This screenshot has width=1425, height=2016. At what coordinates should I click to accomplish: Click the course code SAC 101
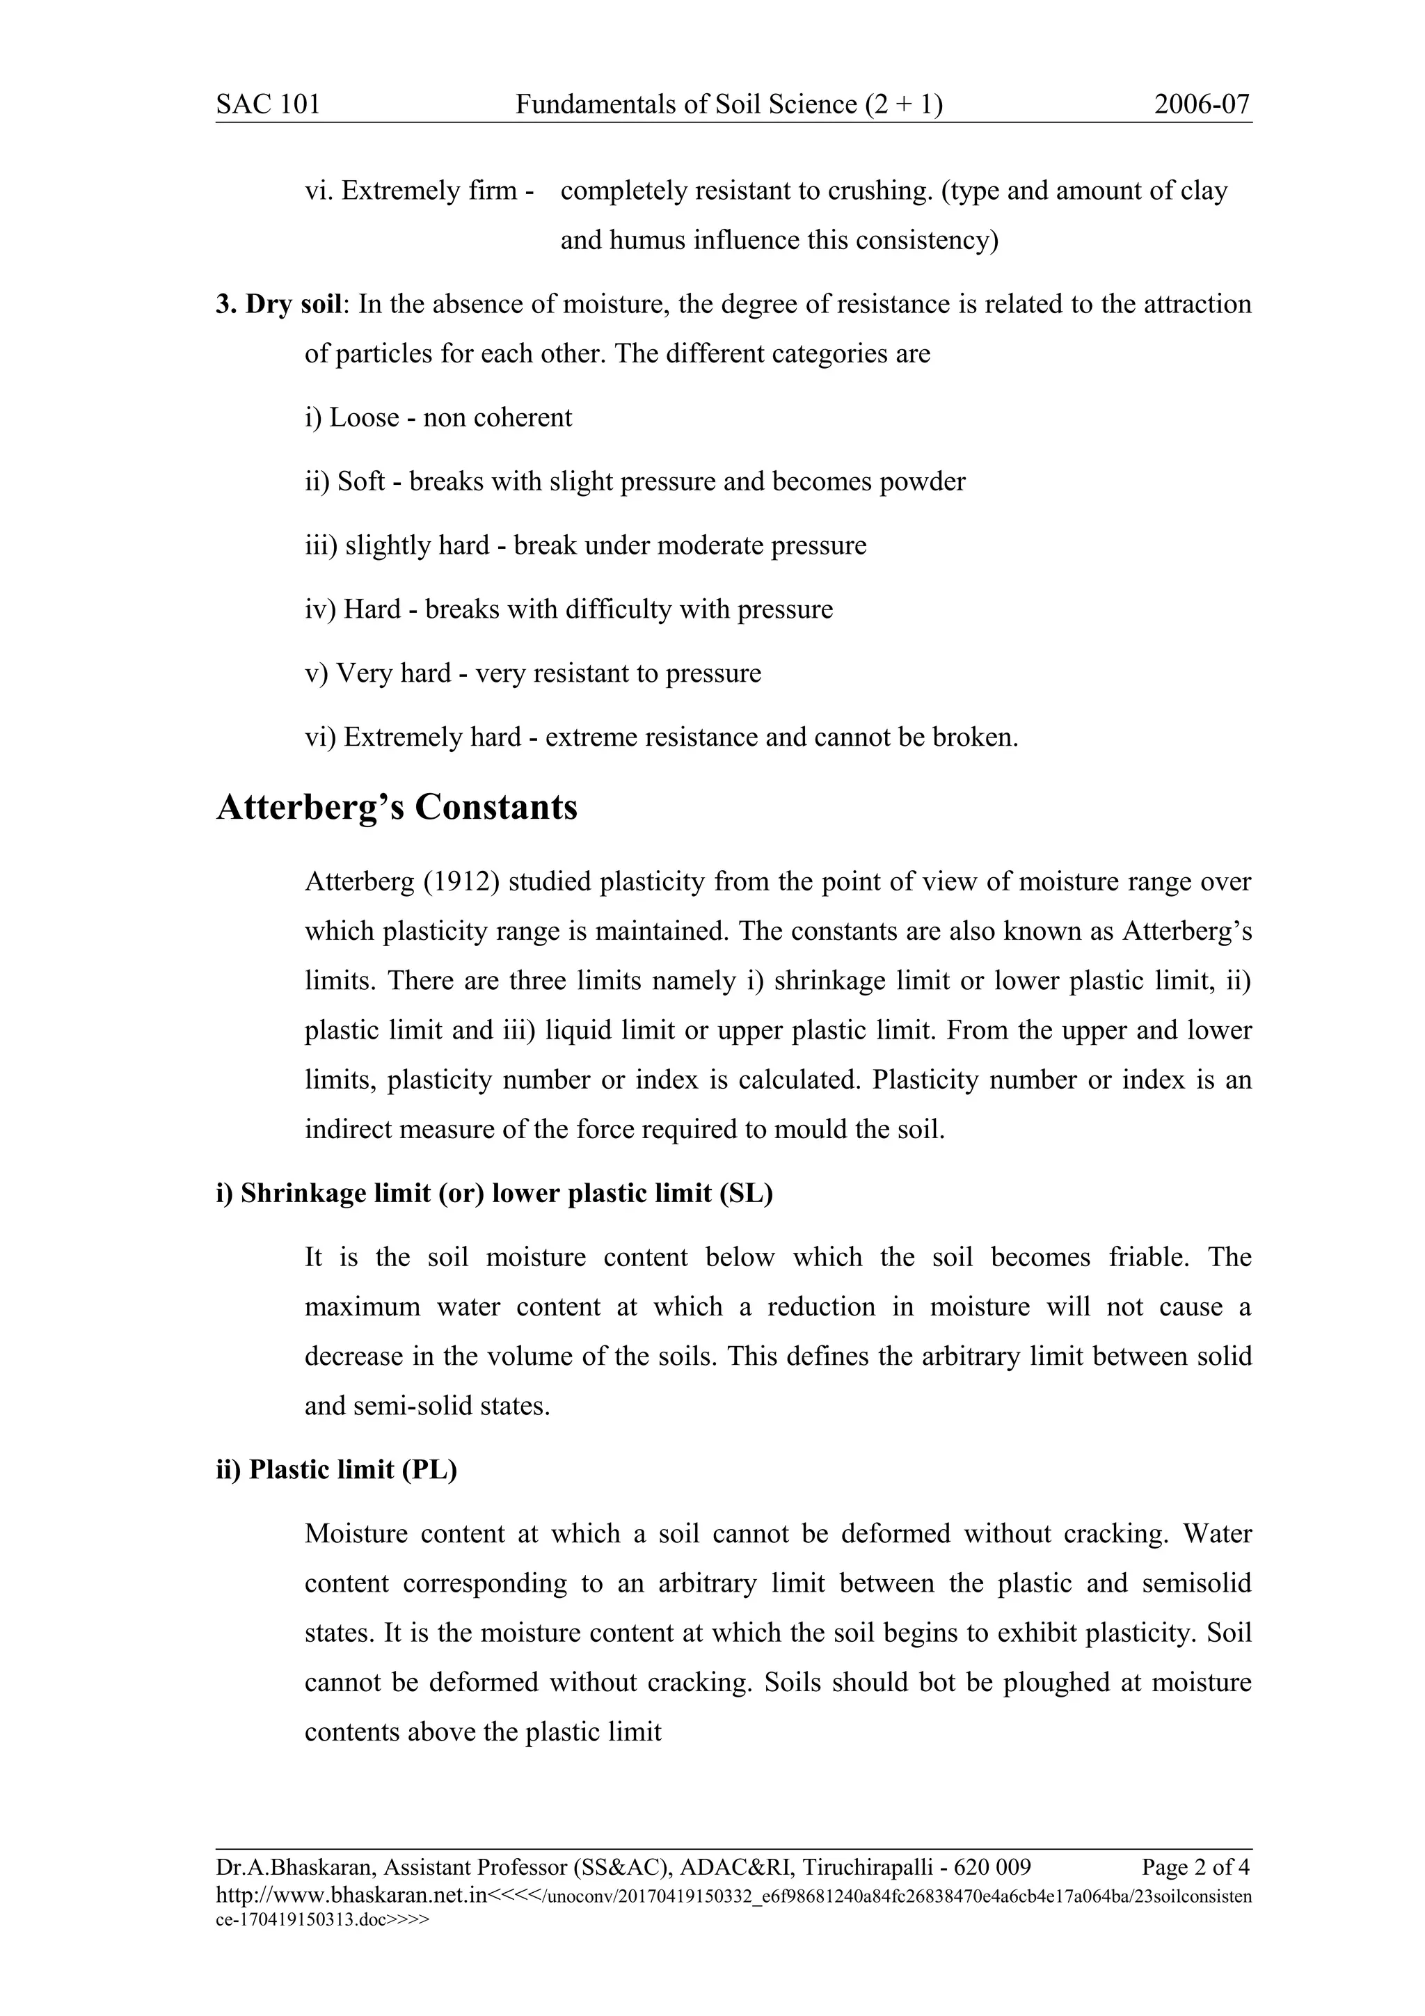pos(268,104)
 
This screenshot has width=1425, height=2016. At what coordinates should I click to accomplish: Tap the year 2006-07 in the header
pos(1201,104)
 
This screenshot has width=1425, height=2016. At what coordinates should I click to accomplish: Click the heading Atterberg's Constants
pos(397,807)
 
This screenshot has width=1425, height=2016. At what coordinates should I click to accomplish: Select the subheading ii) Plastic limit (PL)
pos(336,1470)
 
